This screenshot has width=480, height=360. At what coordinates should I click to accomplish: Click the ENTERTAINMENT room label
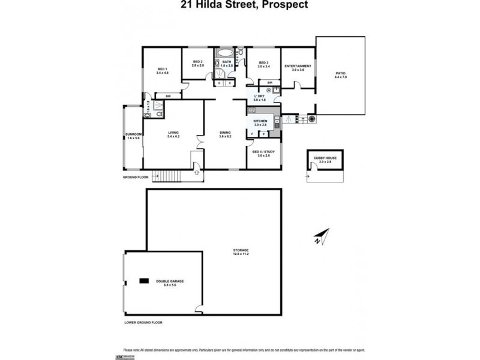point(298,67)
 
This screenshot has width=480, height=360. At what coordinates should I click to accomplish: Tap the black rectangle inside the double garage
point(143,280)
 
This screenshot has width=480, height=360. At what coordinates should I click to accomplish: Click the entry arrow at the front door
point(197,170)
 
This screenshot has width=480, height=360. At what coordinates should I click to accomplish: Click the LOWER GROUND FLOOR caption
point(143,322)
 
